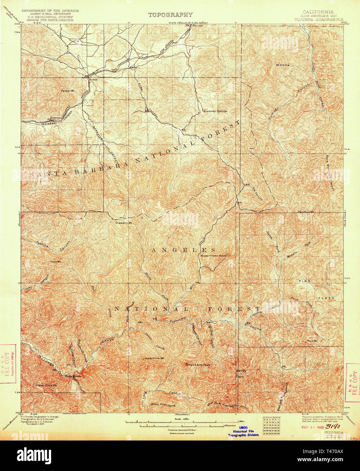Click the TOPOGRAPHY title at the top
click(170, 15)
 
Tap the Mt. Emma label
click(282, 65)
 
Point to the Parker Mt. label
click(67, 91)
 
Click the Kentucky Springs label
click(215, 111)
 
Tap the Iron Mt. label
click(56, 262)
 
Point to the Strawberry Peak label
click(198, 365)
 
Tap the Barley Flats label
click(240, 373)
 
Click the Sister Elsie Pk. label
click(47, 385)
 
